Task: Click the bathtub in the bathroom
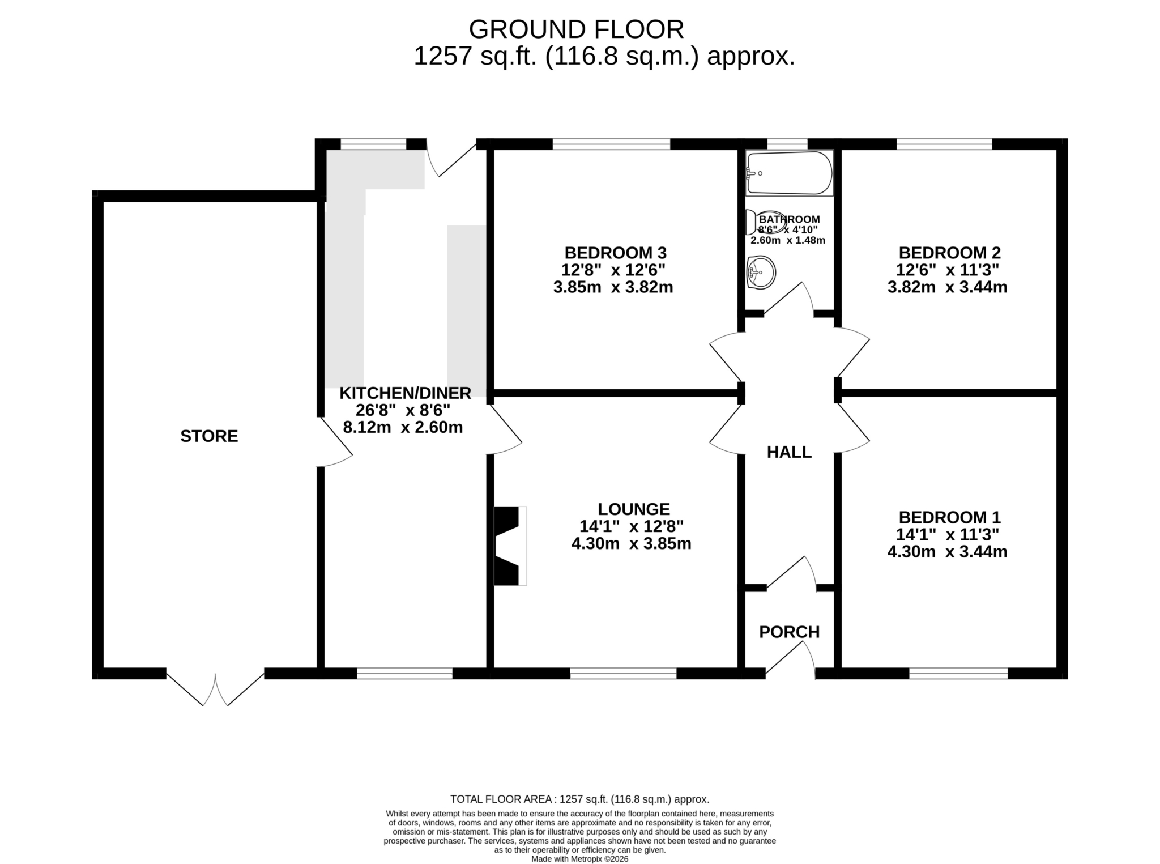coord(790,173)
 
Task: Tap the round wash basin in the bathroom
coord(761,273)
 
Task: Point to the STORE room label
coord(209,436)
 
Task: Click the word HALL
coord(789,452)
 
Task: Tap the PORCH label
coord(789,632)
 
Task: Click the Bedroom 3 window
coord(611,144)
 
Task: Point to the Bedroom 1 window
coord(958,673)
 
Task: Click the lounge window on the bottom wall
coord(623,673)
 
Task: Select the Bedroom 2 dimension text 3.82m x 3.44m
coord(947,287)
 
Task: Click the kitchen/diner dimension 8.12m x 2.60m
coord(403,427)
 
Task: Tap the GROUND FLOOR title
coord(576,29)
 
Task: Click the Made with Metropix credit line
coord(579,859)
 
